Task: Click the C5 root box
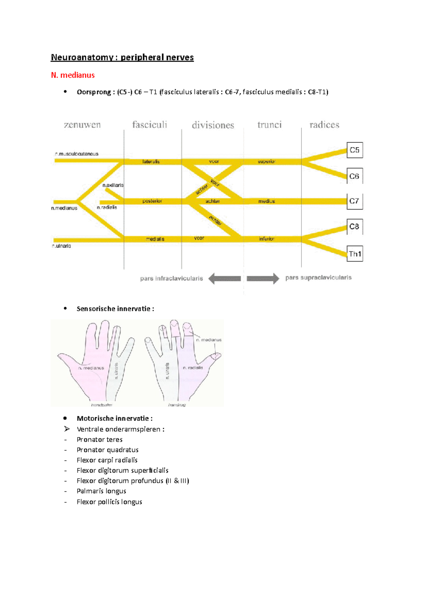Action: click(x=354, y=150)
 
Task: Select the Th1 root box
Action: click(x=355, y=254)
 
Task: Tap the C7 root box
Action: click(x=354, y=201)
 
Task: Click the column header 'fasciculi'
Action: click(x=149, y=125)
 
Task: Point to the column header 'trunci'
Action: click(x=269, y=125)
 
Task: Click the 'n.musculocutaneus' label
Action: click(x=77, y=154)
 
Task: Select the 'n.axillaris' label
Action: click(x=113, y=185)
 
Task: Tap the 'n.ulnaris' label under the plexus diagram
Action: click(x=61, y=246)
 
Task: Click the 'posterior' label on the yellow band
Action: click(x=152, y=201)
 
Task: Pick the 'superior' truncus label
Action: click(x=267, y=162)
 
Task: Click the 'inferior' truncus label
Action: click(x=267, y=239)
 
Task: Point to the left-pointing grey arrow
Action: click(x=224, y=279)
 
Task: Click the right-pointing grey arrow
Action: click(x=263, y=279)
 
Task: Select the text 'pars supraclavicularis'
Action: click(x=318, y=278)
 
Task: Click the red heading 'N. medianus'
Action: click(x=73, y=75)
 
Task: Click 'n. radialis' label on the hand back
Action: click(x=193, y=368)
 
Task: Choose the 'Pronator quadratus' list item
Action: click(x=108, y=450)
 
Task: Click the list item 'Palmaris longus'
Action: click(x=101, y=491)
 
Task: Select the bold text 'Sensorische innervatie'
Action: click(x=113, y=309)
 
